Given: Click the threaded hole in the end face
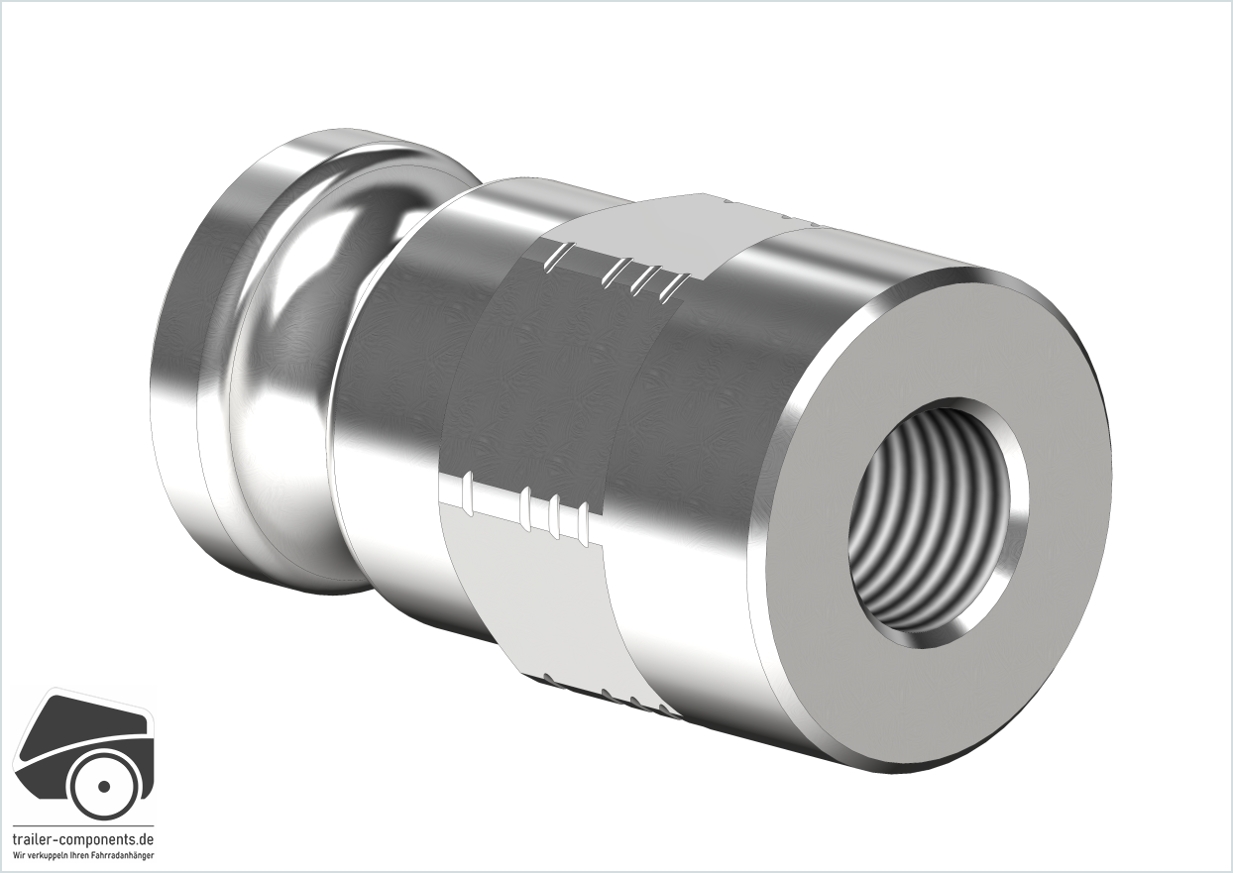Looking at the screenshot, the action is (x=938, y=522).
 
